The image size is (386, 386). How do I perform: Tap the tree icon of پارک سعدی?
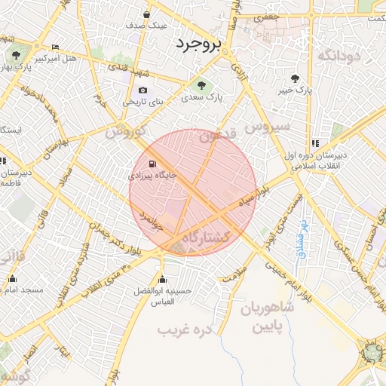point(200,84)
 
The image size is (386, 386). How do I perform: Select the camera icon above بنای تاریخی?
point(142,90)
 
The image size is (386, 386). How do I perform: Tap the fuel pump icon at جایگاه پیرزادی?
point(153,164)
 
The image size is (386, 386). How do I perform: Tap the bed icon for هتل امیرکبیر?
point(54,47)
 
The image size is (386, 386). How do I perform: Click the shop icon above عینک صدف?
point(146,14)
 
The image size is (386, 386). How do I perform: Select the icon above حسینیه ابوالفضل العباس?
point(162,279)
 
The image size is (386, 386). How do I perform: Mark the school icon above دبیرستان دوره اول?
point(315,143)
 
